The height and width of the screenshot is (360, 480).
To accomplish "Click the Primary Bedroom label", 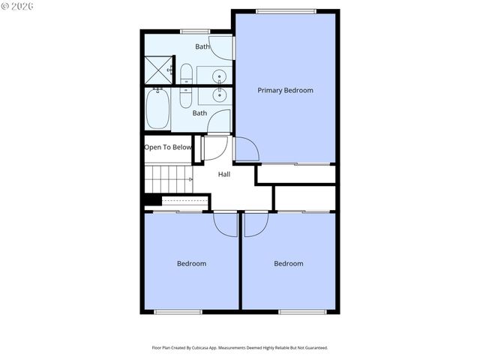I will click(x=285, y=90).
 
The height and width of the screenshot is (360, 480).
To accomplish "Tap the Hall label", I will click(x=224, y=174).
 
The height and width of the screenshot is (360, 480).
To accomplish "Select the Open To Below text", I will click(x=168, y=147).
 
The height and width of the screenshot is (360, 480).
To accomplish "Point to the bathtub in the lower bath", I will click(x=157, y=109).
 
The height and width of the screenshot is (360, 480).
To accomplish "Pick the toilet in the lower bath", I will click(x=186, y=97).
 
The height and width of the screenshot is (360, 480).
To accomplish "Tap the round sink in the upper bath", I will click(x=220, y=75).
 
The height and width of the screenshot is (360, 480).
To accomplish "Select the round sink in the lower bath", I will click(x=220, y=94).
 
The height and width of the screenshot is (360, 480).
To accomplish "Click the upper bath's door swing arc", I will click(x=220, y=49).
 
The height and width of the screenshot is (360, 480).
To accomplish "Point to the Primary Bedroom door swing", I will click(x=247, y=149).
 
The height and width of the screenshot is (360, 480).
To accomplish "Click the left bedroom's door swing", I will click(x=225, y=224).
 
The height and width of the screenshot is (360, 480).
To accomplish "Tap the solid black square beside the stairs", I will click(x=151, y=200).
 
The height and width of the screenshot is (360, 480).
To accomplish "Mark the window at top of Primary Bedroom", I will click(x=285, y=10).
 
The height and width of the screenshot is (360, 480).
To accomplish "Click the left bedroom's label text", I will click(x=191, y=263).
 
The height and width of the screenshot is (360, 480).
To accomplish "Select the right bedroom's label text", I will click(x=288, y=263).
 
